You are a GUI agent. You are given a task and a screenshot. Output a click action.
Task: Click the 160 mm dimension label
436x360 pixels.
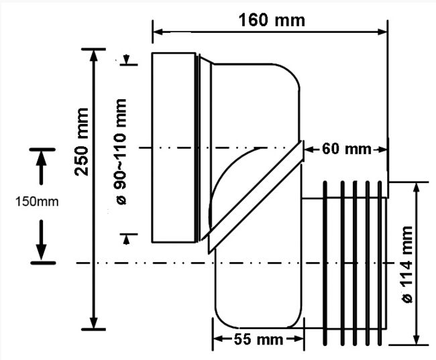click(x=272, y=20)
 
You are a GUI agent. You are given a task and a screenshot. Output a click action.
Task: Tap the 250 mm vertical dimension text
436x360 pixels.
click(x=81, y=142)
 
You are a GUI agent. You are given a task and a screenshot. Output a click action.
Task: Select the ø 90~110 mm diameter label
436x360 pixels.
click(x=121, y=152)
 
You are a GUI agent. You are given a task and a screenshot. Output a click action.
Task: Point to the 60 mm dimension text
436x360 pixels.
click(x=347, y=149)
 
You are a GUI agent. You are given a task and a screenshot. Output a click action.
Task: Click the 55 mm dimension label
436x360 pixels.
click(x=258, y=339)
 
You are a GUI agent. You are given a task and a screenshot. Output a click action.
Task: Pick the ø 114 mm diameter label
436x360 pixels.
click(x=407, y=264)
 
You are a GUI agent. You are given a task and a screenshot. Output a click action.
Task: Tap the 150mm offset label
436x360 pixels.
click(x=37, y=202)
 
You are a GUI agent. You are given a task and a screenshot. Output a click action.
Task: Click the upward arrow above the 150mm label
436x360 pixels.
click(x=42, y=168)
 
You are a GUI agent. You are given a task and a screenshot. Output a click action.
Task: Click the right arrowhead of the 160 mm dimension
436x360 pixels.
click(x=382, y=32)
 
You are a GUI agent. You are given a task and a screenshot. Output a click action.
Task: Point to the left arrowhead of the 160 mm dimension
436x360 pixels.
click(x=158, y=32)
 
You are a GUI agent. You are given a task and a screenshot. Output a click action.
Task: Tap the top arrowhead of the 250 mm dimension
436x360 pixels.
click(x=95, y=56)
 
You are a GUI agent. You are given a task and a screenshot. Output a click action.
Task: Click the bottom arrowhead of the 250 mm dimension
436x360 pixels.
click(x=95, y=323)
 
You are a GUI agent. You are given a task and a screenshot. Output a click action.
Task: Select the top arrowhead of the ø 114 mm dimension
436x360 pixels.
click(x=416, y=188)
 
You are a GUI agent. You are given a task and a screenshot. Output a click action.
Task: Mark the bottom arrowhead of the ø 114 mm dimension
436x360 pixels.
click(x=416, y=340)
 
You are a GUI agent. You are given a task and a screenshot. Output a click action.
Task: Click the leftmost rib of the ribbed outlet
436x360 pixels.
click(x=325, y=263)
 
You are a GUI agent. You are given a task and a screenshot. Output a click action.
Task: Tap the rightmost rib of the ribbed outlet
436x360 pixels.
click(x=380, y=263)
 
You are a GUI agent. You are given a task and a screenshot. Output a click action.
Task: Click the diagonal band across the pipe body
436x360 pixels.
click(x=256, y=197)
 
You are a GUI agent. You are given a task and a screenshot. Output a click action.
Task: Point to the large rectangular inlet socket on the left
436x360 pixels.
click(x=174, y=147)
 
